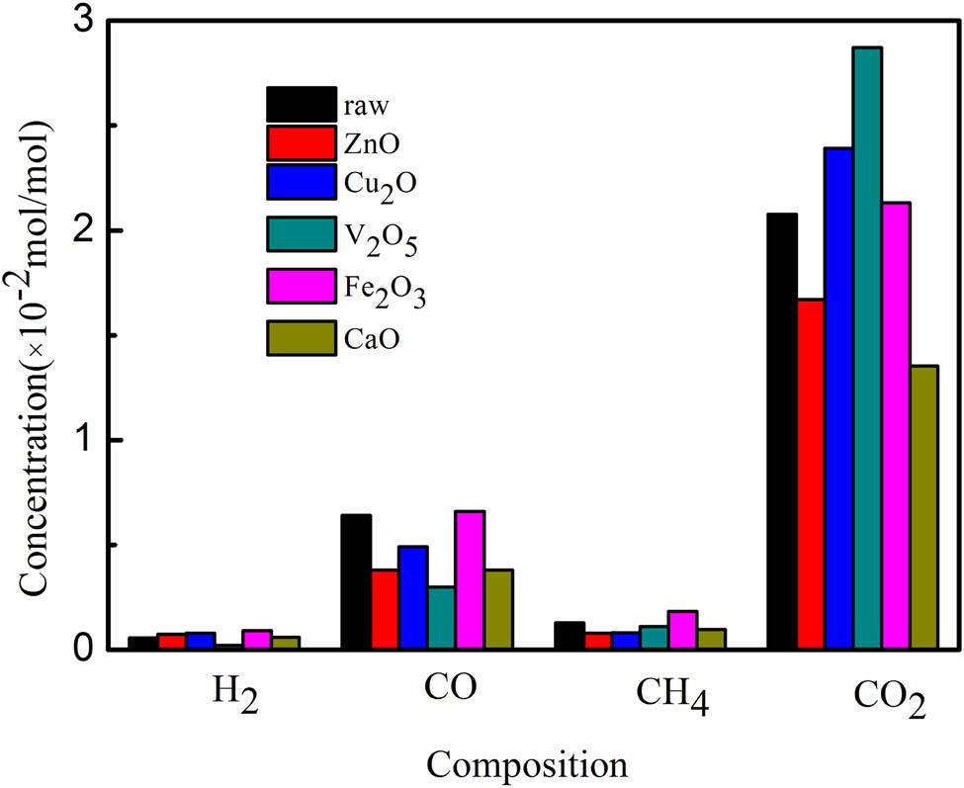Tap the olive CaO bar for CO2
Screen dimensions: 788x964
point(924,507)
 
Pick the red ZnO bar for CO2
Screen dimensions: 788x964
point(810,474)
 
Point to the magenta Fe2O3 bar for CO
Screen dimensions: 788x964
point(470,580)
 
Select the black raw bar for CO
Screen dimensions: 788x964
point(356,582)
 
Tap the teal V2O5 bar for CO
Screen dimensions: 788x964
point(441,618)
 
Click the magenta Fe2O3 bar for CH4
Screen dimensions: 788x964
point(683,630)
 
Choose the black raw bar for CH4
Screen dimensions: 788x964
point(570,636)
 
